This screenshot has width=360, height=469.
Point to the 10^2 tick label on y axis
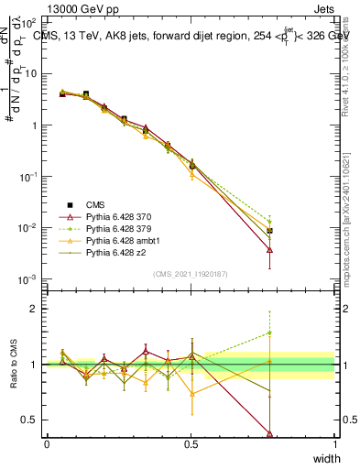tap(27, 22)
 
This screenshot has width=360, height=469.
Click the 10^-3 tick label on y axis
tap(27, 279)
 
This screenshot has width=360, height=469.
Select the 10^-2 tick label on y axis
tap(27, 228)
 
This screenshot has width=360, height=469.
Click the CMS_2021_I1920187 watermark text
tap(190, 274)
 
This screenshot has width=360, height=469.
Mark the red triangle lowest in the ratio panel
tap(269, 433)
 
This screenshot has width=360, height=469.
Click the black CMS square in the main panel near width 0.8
tap(269, 231)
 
